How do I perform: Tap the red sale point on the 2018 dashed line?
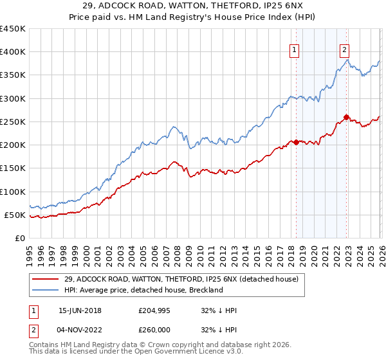[296, 142]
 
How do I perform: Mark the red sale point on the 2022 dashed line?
[346, 117]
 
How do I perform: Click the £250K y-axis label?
[13, 122]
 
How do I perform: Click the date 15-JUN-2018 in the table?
[80, 310]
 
